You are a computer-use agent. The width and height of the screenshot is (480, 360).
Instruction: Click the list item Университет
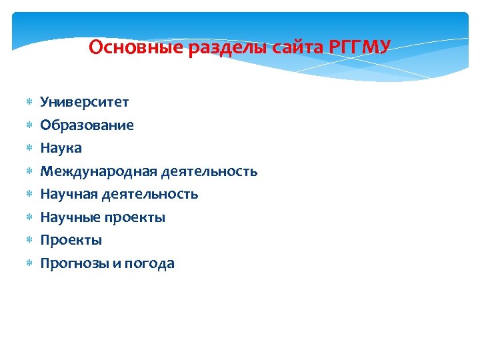tap(85, 102)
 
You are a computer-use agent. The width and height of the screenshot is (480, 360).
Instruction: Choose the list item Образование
tap(87, 125)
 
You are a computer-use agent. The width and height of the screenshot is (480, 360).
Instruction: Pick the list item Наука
tap(61, 148)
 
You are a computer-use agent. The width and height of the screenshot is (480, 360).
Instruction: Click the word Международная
tap(99, 171)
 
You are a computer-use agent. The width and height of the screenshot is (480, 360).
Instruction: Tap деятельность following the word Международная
tap(209, 171)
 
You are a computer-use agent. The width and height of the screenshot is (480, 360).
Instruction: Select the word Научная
tap(68, 194)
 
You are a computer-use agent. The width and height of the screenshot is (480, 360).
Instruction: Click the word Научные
tap(69, 217)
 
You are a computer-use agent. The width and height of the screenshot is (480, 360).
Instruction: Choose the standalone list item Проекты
tap(71, 240)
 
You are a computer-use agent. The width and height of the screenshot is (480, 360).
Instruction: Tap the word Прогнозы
tap(73, 263)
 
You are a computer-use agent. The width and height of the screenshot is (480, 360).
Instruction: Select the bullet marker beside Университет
tap(29, 103)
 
